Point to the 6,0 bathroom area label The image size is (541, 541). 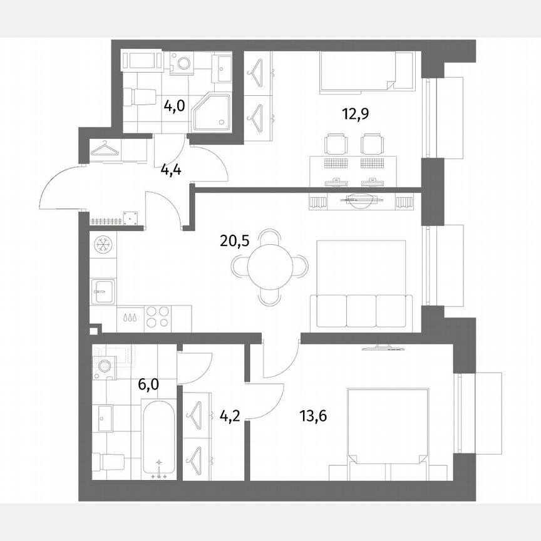click(148, 383)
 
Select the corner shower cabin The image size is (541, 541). click(211, 113)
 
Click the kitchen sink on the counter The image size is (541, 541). click(103, 291)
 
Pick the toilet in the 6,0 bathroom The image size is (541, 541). click(108, 462)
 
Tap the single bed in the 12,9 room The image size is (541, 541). click(366, 72)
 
